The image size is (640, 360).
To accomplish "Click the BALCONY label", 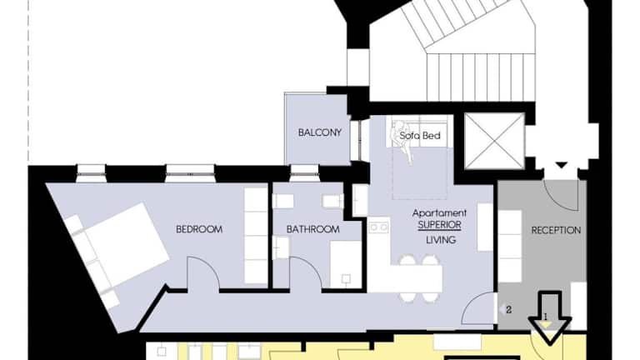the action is point(320,132).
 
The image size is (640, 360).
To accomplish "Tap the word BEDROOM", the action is point(199,229).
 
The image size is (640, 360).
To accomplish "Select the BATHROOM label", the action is point(313,229).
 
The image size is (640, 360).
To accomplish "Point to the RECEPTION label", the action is point(556,230).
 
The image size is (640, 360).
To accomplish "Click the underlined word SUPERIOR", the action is point(440,225).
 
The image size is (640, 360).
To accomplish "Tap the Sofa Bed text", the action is point(420,136).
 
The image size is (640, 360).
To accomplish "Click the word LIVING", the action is point(441,240).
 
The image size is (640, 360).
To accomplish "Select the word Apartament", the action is point(440,213).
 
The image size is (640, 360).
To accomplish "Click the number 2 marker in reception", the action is point(508,310).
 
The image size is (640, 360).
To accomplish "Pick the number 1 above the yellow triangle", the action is point(546,317).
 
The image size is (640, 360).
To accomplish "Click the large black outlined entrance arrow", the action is point(550,317).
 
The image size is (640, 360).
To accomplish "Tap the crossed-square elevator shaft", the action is point(494,141).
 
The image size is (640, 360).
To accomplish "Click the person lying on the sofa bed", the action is point(402,141).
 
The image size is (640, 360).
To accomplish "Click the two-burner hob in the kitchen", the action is point(379,227).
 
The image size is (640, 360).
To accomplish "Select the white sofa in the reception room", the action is point(510,246).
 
